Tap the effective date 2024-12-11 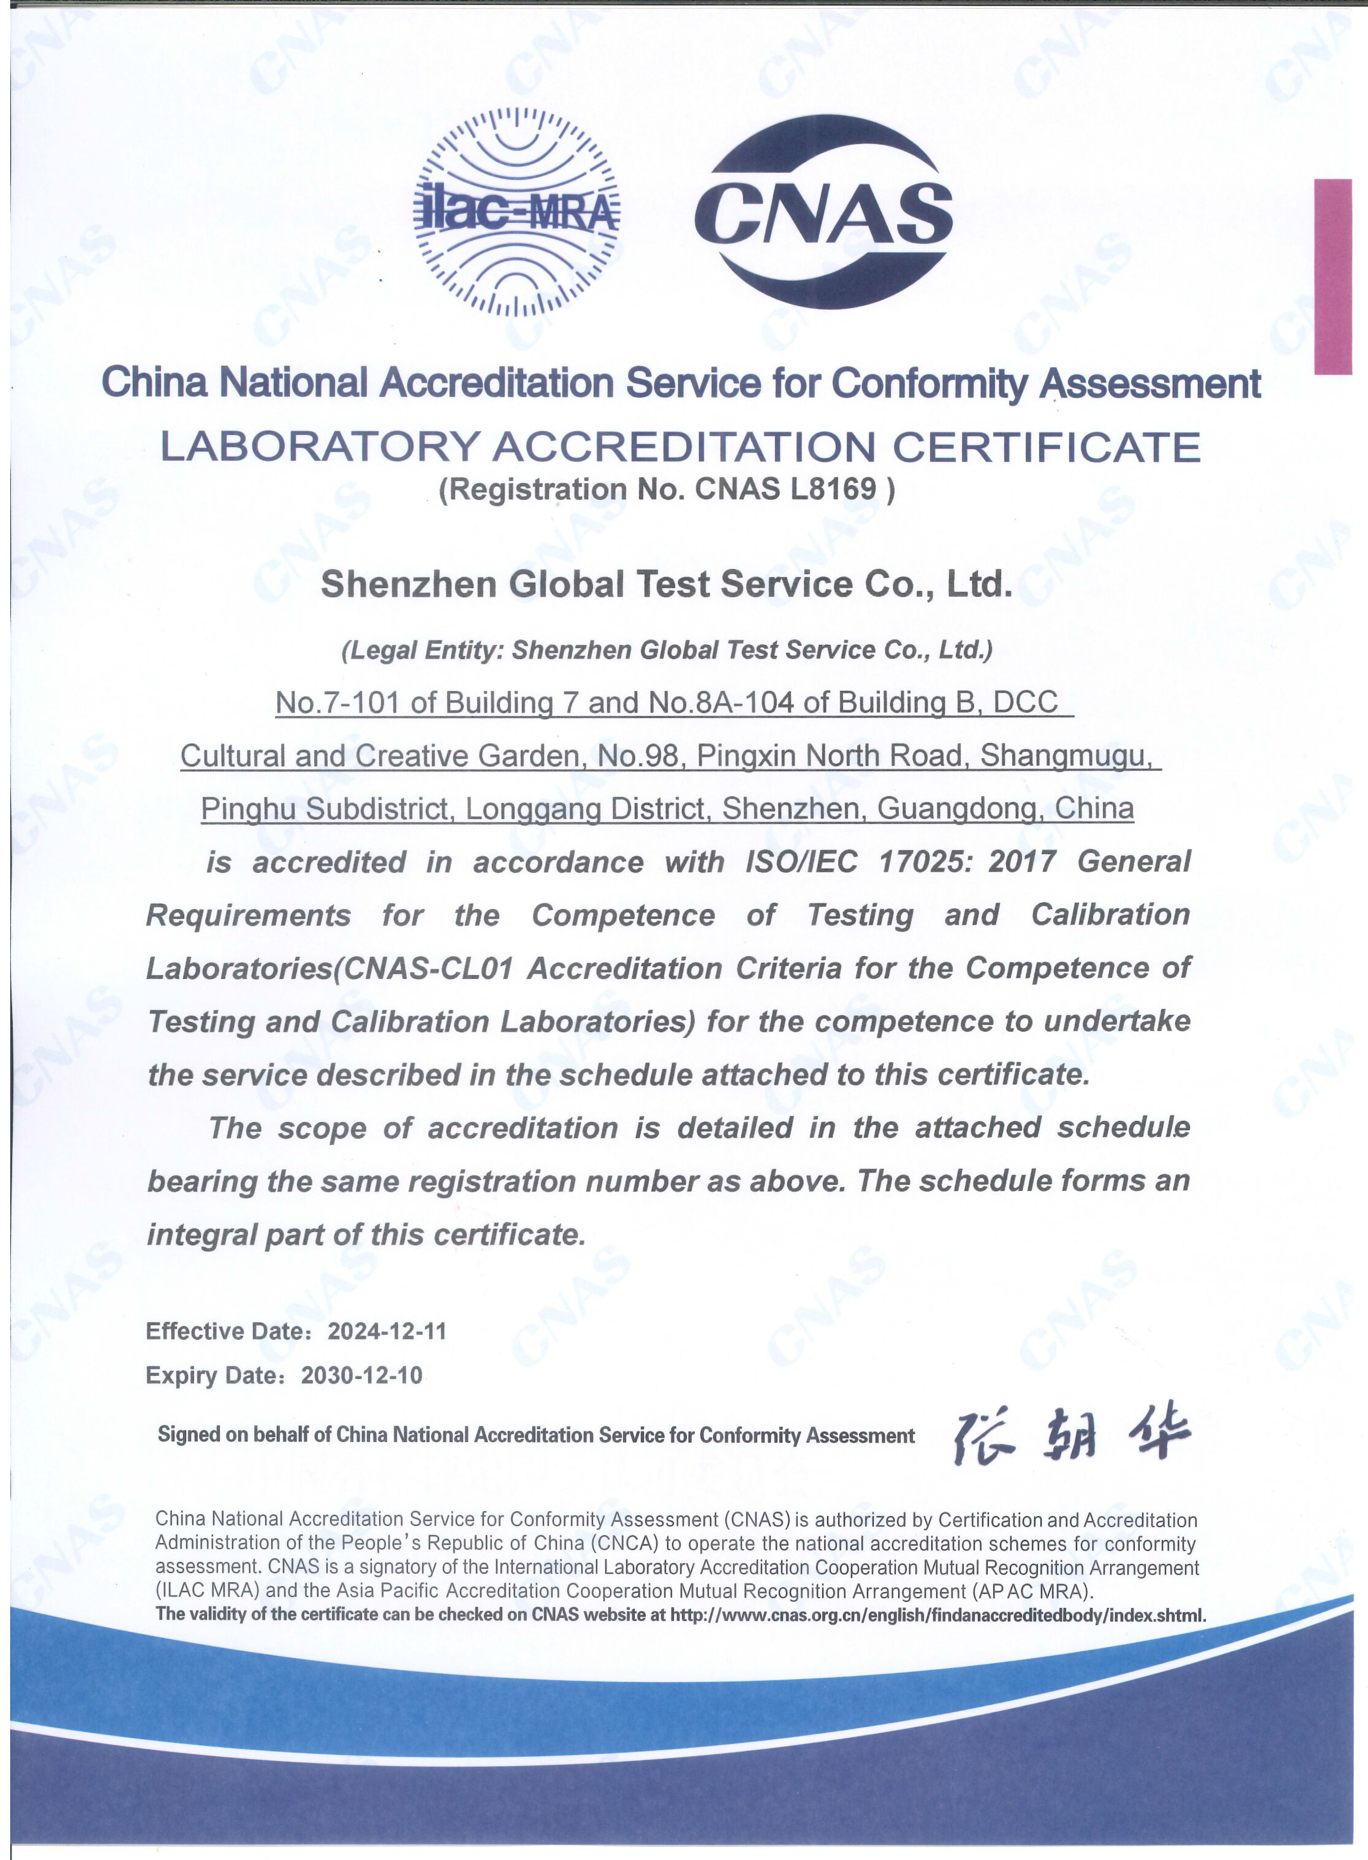(387, 1331)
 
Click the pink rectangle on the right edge (1332, 276)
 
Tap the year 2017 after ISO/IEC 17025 (1021, 862)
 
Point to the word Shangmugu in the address (1066, 756)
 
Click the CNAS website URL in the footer (937, 1615)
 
